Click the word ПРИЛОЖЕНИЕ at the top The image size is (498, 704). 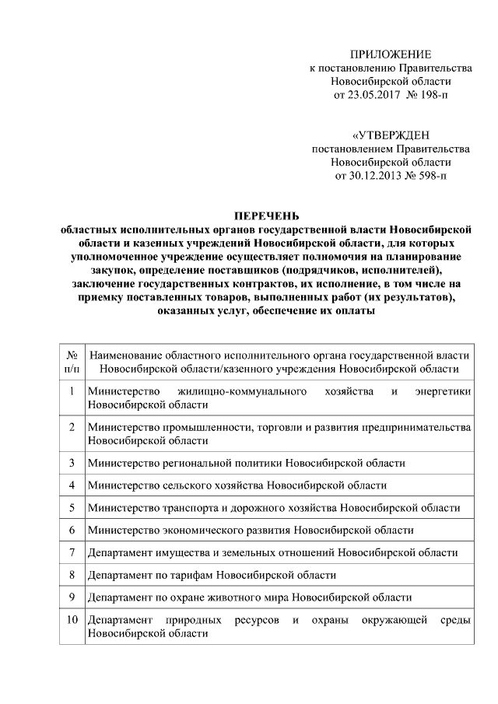pyautogui.click(x=390, y=54)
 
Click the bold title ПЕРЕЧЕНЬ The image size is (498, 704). pyautogui.click(x=267, y=215)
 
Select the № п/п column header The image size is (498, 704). pyautogui.click(x=71, y=361)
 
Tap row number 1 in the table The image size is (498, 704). pyautogui.click(x=71, y=391)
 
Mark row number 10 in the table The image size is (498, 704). pyautogui.click(x=71, y=621)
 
